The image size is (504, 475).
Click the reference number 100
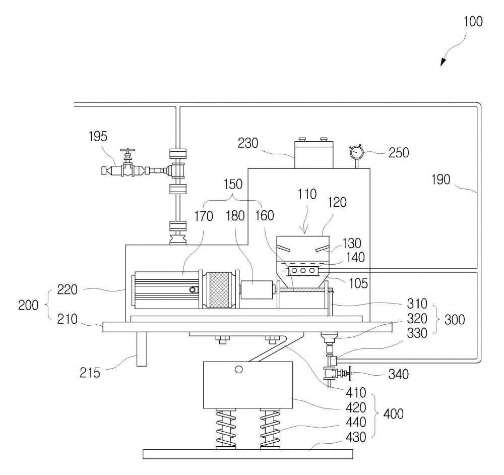click(x=473, y=22)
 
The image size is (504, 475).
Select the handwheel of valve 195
click(x=128, y=150)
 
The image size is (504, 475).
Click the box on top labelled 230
click(x=313, y=155)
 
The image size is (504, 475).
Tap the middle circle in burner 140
click(x=303, y=271)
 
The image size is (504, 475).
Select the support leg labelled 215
click(x=142, y=349)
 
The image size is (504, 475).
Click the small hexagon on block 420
click(x=238, y=369)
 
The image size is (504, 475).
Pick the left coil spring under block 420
click(x=226, y=429)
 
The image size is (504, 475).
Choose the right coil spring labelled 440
click(x=270, y=429)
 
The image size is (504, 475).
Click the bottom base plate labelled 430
click(x=247, y=454)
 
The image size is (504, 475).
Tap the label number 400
click(x=394, y=413)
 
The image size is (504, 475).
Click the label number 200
click(x=28, y=305)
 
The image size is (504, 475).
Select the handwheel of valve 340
click(x=349, y=373)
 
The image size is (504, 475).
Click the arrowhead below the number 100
click(x=443, y=62)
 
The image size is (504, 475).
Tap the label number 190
click(x=440, y=180)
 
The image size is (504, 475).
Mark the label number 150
click(x=233, y=184)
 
